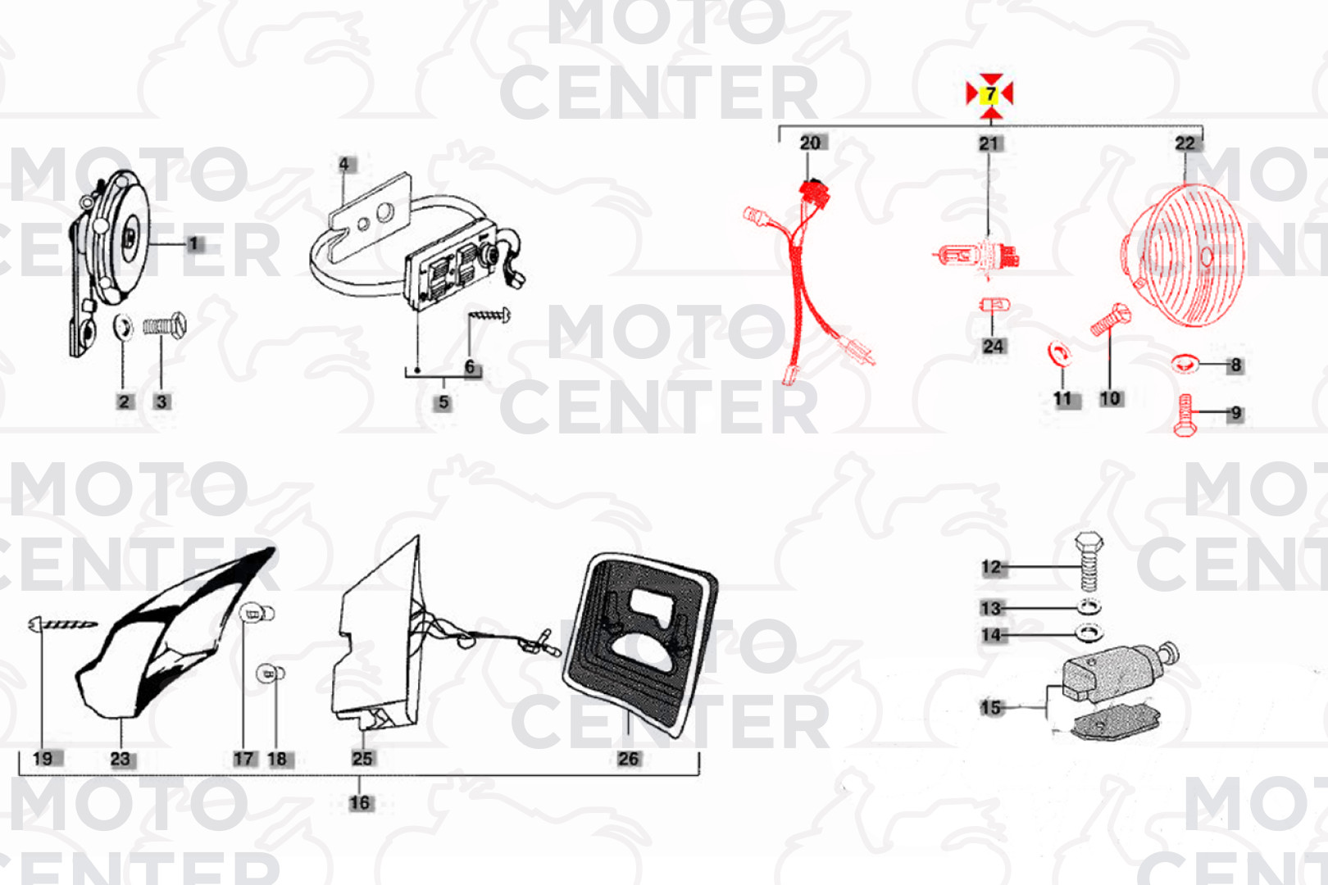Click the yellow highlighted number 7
coord(990,95)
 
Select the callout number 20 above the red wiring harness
coord(810,143)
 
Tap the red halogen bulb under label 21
coord(976,256)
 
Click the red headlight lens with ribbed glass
coord(1182,255)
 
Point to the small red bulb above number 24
coord(994,306)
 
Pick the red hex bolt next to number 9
coord(1185,415)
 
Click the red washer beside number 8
coord(1185,363)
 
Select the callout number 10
coord(1110,398)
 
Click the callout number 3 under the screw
coord(161,402)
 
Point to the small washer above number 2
coord(123,327)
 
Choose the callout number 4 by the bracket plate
coord(344,164)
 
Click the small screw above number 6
coord(489,315)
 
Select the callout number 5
coord(443,403)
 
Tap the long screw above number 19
coord(63,624)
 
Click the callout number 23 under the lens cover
coord(121,759)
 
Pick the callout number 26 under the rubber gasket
coord(629,759)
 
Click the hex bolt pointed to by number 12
coord(1089,561)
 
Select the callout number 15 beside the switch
coord(990,708)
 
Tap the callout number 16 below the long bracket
coord(360,803)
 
